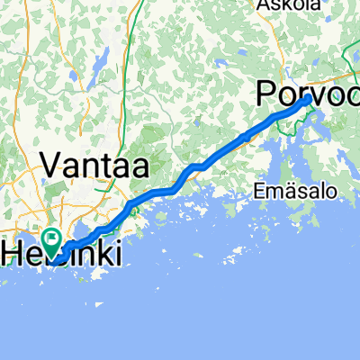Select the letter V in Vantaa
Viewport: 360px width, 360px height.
[x=50, y=166]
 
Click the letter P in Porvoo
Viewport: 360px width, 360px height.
[x=266, y=92]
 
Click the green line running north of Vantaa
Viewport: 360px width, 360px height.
[x=133, y=54]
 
